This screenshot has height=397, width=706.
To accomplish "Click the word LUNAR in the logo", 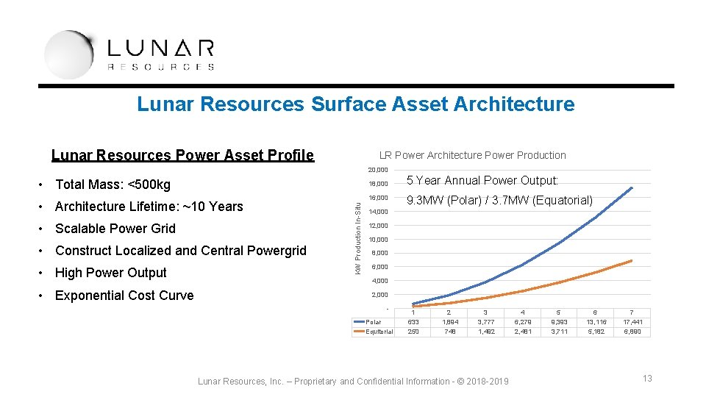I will (x=160, y=49).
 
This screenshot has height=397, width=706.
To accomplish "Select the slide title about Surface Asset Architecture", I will (x=355, y=104).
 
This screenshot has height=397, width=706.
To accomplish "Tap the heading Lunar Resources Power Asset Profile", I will (x=182, y=155).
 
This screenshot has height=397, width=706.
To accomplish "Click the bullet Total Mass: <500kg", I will (x=113, y=184).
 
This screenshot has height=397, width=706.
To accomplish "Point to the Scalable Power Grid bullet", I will (x=115, y=228).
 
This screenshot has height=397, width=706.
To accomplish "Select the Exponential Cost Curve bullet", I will (x=124, y=296).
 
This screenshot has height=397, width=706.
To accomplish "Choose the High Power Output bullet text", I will (x=111, y=273).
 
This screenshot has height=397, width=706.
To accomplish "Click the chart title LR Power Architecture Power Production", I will (x=472, y=155).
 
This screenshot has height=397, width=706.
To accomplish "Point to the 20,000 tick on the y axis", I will (x=378, y=171).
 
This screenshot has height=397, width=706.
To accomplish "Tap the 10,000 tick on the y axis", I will (x=378, y=240).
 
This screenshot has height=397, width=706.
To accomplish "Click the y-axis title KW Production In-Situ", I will (x=358, y=230).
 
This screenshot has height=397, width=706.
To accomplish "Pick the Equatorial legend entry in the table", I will (x=379, y=332).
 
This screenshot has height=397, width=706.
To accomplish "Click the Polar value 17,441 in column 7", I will (x=632, y=321).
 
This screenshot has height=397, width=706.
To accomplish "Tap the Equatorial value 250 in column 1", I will (x=413, y=332).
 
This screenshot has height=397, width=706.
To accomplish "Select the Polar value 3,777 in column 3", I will (x=485, y=321).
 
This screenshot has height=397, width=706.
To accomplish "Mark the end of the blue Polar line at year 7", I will (x=632, y=187).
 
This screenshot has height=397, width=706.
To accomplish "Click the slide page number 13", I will (x=647, y=378).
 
